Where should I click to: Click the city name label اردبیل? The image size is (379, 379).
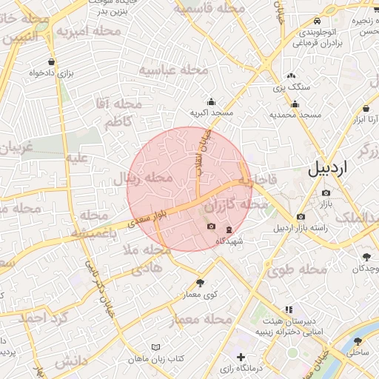pyautogui.click(x=326, y=169)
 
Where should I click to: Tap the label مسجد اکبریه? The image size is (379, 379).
pyautogui.click(x=212, y=113)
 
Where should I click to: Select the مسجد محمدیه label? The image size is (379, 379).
pyautogui.click(x=295, y=115)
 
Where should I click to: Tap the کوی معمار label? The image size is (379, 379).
pyautogui.click(x=200, y=295)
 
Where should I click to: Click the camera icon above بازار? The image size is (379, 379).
pyautogui.click(x=326, y=193)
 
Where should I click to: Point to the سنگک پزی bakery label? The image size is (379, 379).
pyautogui.click(x=291, y=87)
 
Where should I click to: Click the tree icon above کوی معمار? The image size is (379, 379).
pyautogui.click(x=200, y=283)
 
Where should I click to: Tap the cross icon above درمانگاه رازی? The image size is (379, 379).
pyautogui.click(x=241, y=358)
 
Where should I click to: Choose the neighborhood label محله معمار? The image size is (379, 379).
pyautogui.click(x=201, y=321)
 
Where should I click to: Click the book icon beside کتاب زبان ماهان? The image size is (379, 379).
pyautogui.click(x=155, y=347)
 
